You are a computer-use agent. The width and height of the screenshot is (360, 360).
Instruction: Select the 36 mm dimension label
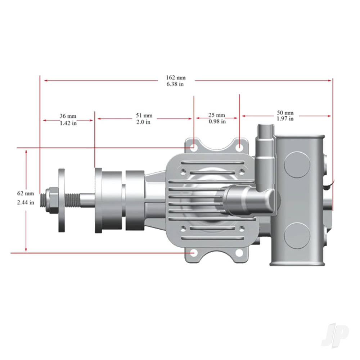click(x=68, y=116)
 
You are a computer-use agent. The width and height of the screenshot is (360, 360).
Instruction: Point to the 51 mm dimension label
click(x=144, y=116)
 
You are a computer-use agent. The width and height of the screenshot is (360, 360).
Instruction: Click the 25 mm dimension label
click(x=217, y=115)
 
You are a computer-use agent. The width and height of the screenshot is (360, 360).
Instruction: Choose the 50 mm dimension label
click(x=285, y=113)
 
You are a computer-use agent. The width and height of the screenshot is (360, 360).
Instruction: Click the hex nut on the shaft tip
click(x=52, y=200)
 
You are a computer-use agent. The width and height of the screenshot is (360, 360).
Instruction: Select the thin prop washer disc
click(x=62, y=200)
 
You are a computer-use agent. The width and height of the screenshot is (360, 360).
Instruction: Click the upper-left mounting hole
click(x=193, y=147)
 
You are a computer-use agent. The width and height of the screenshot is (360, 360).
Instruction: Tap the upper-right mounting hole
click(x=239, y=147)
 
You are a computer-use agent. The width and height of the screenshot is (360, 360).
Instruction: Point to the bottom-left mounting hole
click(x=193, y=253)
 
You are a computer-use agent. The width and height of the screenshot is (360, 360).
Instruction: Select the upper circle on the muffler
click(x=297, y=164)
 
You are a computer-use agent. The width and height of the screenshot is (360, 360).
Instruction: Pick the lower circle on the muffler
click(x=297, y=235)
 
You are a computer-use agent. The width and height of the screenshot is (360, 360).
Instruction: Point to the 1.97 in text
click(x=285, y=118)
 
